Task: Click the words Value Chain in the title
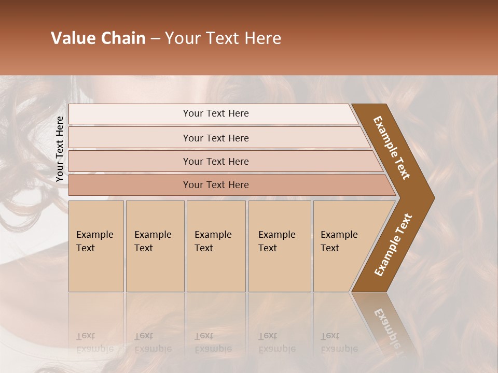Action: [98, 38]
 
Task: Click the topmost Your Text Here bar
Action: [215, 113]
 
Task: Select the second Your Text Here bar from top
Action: [215, 138]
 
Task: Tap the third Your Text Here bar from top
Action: [215, 161]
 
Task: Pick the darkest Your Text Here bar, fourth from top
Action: [215, 185]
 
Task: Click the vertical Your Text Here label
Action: [60, 149]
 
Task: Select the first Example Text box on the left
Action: [96, 246]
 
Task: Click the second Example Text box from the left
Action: [155, 246]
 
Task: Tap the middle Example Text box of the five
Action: [216, 246]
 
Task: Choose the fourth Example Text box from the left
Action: [280, 246]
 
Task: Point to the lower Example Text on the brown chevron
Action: [393, 245]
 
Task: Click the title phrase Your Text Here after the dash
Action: [223, 38]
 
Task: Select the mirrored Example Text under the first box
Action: [95, 342]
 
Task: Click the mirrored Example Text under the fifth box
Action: [339, 342]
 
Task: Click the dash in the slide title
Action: [155, 39]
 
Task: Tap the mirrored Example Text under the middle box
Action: [213, 342]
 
